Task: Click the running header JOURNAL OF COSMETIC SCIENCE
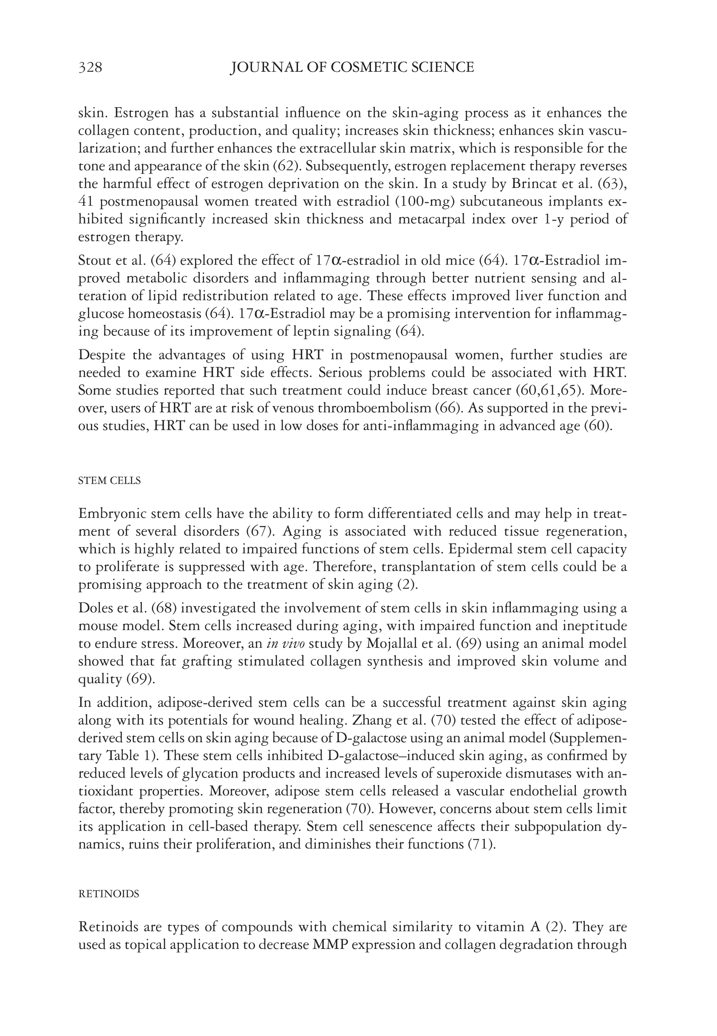click(x=352, y=68)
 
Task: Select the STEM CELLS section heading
click(x=109, y=481)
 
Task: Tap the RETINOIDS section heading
click(x=109, y=894)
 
